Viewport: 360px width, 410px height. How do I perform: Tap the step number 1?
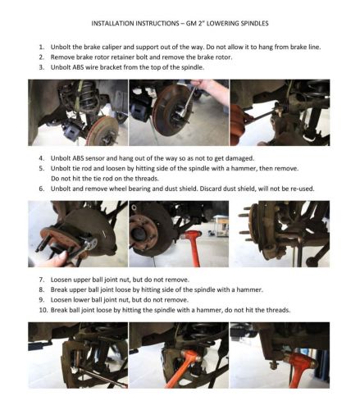41,47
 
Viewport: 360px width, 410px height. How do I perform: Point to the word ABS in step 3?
79,67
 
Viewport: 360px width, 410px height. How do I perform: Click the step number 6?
41,189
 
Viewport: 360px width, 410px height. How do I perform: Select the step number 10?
43,310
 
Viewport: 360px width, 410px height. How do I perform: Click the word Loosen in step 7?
60,280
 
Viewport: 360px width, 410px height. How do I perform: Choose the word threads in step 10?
278,310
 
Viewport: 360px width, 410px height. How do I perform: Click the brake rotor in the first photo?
103,130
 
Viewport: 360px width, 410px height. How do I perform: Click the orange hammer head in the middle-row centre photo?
191,235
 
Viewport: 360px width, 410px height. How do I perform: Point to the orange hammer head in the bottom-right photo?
300,359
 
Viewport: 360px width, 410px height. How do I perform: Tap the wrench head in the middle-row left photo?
91,244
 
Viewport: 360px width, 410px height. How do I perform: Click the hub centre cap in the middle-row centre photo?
139,234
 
